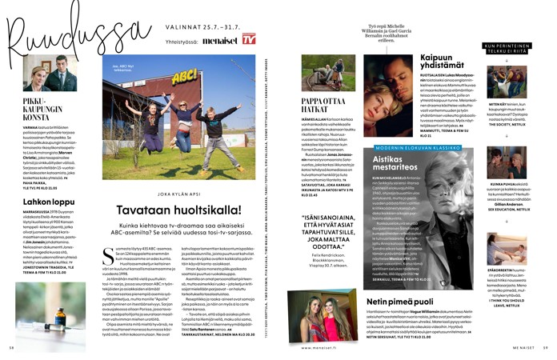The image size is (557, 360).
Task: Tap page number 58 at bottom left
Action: tap(14, 347)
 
